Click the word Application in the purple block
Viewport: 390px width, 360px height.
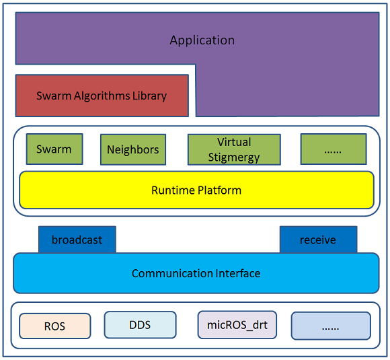click(x=202, y=40)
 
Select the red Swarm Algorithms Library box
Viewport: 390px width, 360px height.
click(x=102, y=96)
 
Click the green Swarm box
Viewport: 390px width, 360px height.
click(x=54, y=149)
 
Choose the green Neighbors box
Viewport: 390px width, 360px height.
click(x=133, y=149)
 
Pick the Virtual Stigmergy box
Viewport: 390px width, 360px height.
click(x=234, y=149)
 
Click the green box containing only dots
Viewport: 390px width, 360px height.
click(x=334, y=149)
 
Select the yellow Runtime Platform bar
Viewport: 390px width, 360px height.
click(x=196, y=190)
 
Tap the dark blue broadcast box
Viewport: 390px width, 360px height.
click(x=77, y=240)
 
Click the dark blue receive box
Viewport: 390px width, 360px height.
click(x=318, y=240)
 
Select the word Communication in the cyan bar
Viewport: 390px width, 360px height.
click(x=172, y=274)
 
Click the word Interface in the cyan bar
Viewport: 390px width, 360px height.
click(x=238, y=273)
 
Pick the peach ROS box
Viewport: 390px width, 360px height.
click(x=55, y=326)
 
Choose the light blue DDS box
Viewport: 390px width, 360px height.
click(x=141, y=325)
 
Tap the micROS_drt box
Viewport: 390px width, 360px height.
click(x=237, y=325)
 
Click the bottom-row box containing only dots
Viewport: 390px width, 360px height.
click(x=331, y=326)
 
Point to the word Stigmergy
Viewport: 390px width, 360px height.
click(x=234, y=157)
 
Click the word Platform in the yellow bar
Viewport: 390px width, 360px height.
click(x=219, y=190)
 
